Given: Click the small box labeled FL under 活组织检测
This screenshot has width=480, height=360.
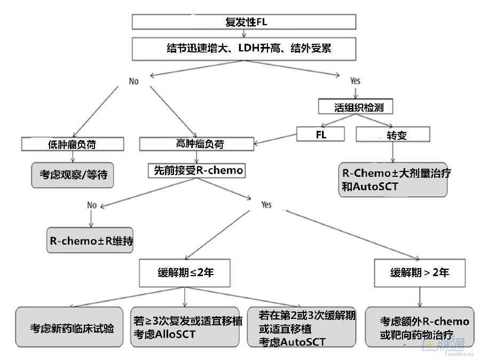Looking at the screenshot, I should coord(321,135).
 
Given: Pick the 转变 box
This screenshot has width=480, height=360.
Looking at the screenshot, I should coord(393,135).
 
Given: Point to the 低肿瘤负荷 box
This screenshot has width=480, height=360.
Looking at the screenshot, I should coord(73,144).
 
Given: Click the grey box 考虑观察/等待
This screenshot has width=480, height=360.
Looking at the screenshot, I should coord(73,174).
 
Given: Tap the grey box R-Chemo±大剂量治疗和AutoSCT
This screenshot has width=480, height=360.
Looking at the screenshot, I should coord(393,181).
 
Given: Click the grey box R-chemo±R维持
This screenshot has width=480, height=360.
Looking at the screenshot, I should coord(90,240).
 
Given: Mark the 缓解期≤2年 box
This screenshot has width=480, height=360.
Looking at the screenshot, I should coord(185,272).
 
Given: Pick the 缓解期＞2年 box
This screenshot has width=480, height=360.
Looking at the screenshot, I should coord(419,272).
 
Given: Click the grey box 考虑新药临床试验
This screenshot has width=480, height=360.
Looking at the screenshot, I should coord(72,327).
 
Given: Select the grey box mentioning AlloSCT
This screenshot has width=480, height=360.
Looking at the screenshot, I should coord(185,327).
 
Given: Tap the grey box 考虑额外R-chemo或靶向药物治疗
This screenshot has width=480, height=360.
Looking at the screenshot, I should coord(419,327).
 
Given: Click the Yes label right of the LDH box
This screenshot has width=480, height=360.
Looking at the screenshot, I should coord(355,81).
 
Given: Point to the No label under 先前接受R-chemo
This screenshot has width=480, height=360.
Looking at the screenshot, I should coord(92,205).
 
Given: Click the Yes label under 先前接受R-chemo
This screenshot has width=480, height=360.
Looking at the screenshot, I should coord(266,205).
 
